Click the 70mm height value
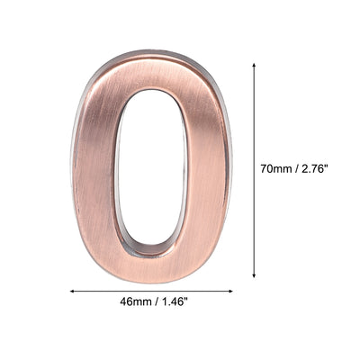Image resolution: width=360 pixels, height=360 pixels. pyautogui.click(x=275, y=167)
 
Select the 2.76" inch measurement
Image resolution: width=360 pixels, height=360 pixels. pyautogui.click(x=318, y=167)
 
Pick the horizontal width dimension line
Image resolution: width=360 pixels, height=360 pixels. pyautogui.click(x=152, y=291)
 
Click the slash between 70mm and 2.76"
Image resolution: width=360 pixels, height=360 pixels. pyautogui.click(x=296, y=167)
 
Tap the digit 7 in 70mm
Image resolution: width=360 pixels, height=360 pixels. pyautogui.click(x=263, y=167)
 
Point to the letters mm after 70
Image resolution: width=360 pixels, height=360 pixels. pyautogui.click(x=283, y=167)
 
